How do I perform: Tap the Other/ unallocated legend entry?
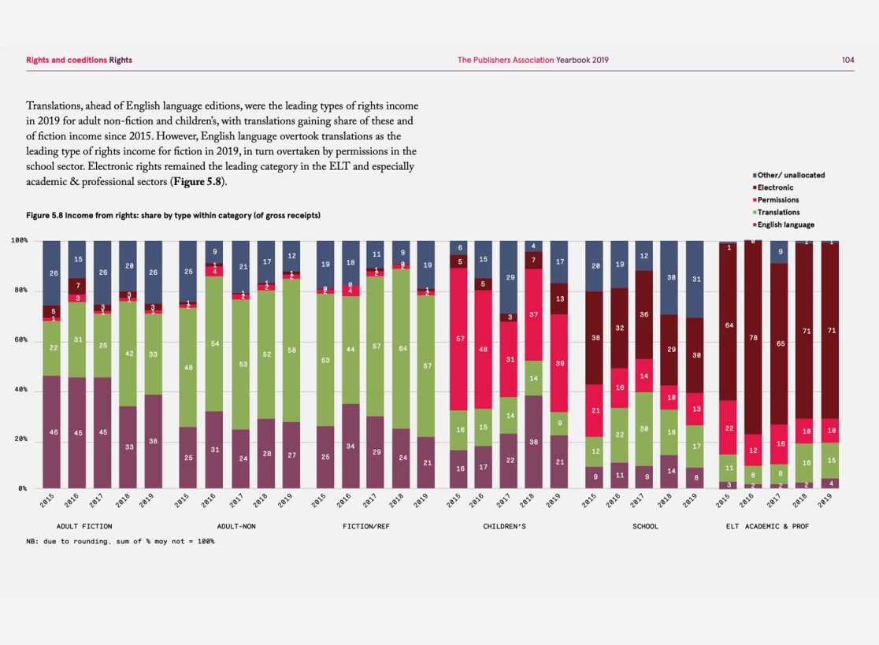click(x=790, y=175)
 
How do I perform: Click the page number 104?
click(x=847, y=60)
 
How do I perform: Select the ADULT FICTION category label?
click(x=84, y=525)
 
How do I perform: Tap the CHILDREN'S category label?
click(x=504, y=525)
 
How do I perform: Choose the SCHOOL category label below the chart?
click(x=645, y=525)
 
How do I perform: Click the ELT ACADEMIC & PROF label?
click(x=767, y=525)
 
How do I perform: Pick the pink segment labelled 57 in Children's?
click(x=460, y=339)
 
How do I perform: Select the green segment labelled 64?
click(x=403, y=347)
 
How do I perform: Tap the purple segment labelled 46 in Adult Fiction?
click(x=52, y=432)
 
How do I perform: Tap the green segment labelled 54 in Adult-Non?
click(x=215, y=343)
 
